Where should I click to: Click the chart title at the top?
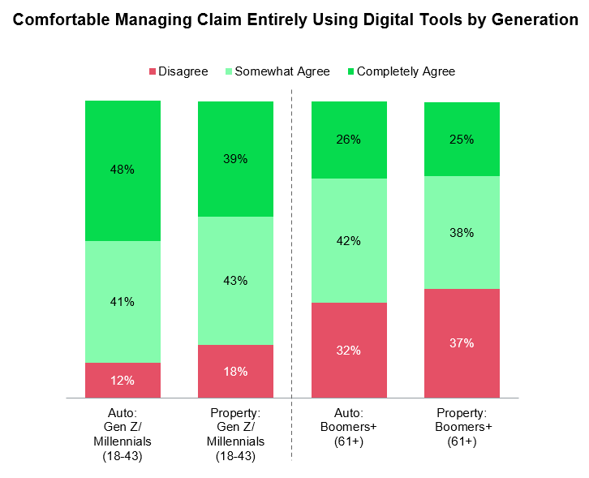click(294, 19)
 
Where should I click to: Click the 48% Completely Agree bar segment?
click(123, 170)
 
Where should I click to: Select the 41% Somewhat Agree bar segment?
click(123, 302)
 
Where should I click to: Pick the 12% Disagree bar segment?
click(123, 380)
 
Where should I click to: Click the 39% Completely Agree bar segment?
click(236, 159)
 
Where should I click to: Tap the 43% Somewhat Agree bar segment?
click(236, 281)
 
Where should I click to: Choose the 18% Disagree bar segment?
click(236, 371)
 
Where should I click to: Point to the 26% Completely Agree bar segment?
click(349, 140)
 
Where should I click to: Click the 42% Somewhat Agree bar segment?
click(349, 240)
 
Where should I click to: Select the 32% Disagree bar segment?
click(349, 351)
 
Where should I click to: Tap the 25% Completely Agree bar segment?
click(462, 139)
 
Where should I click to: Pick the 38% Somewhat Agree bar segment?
click(462, 232)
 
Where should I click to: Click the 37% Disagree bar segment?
click(462, 343)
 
